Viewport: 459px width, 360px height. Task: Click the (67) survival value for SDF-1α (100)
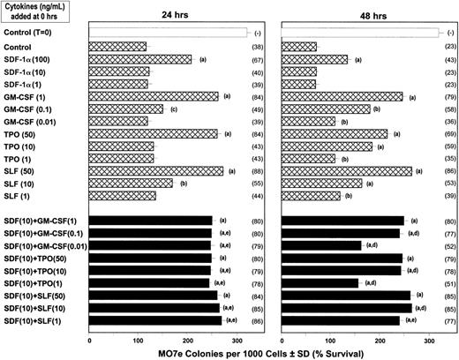pyautogui.click(x=263, y=59)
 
